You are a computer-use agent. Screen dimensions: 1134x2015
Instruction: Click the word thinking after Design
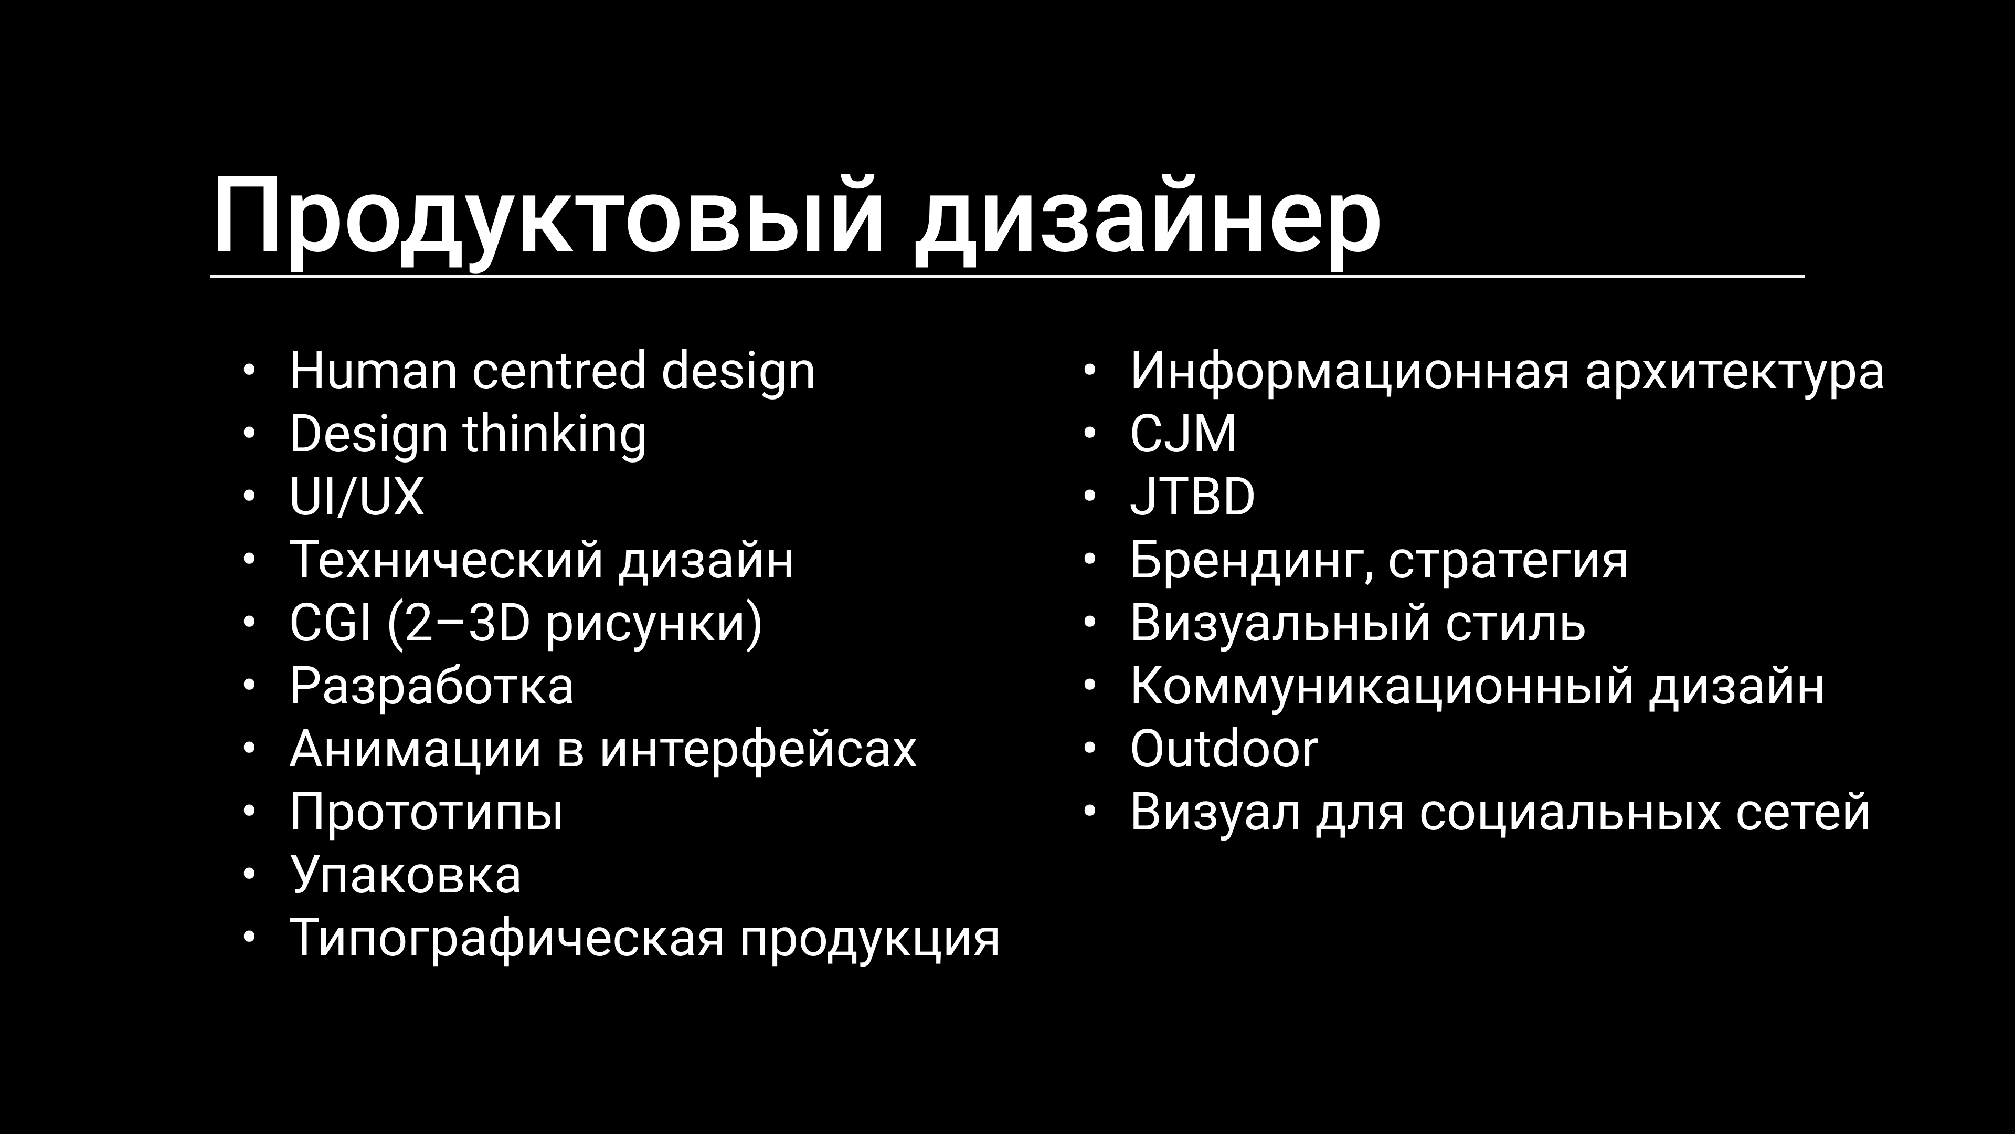tap(555, 434)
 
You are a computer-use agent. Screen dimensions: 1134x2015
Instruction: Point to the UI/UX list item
tap(357, 497)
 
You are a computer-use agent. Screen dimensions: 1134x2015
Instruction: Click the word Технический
tap(446, 560)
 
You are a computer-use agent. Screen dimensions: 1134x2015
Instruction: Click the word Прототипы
tap(426, 812)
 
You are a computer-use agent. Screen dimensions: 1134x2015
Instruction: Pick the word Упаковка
tap(405, 875)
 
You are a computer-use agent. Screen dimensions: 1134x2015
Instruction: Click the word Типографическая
tap(507, 938)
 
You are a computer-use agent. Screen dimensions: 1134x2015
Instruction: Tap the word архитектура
tap(1734, 371)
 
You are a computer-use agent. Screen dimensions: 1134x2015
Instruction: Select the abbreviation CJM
tap(1183, 434)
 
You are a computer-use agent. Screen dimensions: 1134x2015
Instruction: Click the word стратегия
tap(1508, 560)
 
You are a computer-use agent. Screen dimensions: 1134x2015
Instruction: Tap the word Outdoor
tap(1223, 750)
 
